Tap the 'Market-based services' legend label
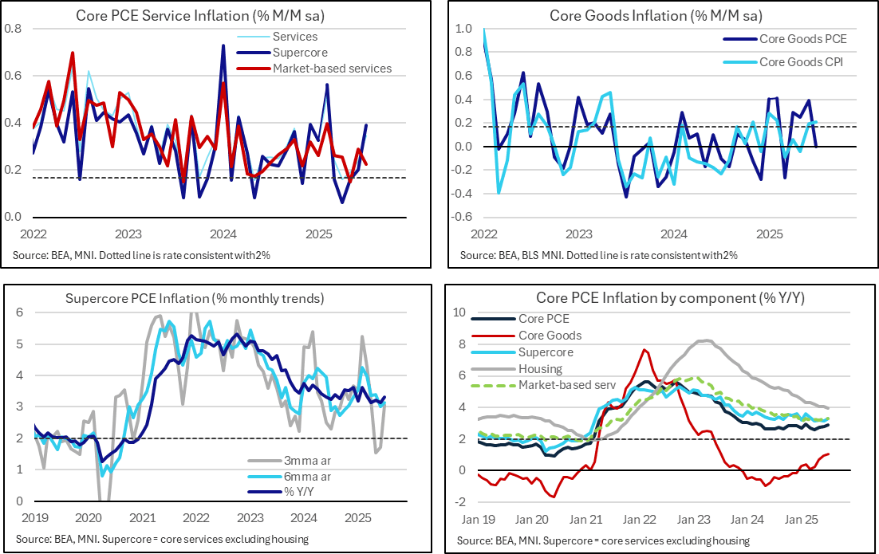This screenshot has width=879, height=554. click(332, 69)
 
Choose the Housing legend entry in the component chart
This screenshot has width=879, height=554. click(540, 369)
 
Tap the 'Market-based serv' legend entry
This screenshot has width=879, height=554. click(567, 386)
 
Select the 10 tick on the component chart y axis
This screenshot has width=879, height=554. click(460, 312)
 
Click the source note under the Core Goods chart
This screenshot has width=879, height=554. click(598, 256)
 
